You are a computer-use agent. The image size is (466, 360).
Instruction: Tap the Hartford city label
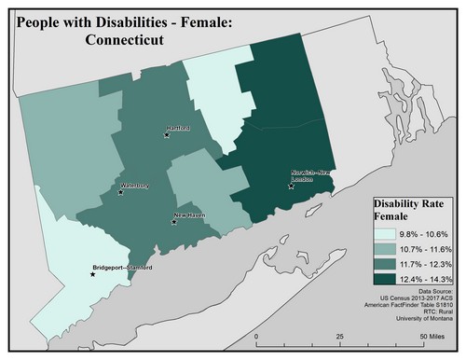[177, 128]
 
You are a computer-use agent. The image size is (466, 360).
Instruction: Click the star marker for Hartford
[167, 135]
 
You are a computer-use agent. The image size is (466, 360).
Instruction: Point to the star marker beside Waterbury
[121, 192]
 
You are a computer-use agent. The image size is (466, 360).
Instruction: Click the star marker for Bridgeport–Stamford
[92, 274]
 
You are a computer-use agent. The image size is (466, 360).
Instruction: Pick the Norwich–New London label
[310, 177]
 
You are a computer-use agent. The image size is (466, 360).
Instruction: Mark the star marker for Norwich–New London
[292, 187]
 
